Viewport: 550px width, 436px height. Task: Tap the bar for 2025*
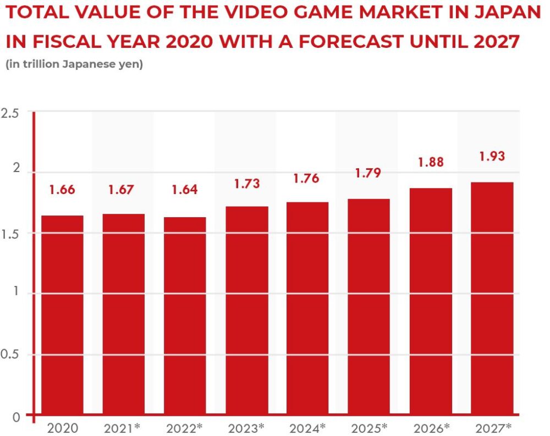pyautogui.click(x=369, y=307)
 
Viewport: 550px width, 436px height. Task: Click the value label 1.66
pyautogui.click(x=62, y=190)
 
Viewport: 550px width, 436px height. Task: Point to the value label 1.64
pyautogui.click(x=185, y=190)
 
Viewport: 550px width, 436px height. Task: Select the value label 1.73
pyautogui.click(x=246, y=184)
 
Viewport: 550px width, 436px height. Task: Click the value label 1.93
pyautogui.click(x=491, y=156)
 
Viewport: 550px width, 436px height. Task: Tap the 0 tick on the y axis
pyautogui.click(x=15, y=417)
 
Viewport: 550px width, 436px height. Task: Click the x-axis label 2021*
pyautogui.click(x=124, y=427)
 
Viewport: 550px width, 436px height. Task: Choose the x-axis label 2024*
pyautogui.click(x=307, y=427)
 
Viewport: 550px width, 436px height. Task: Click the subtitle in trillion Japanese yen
pyautogui.click(x=74, y=64)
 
